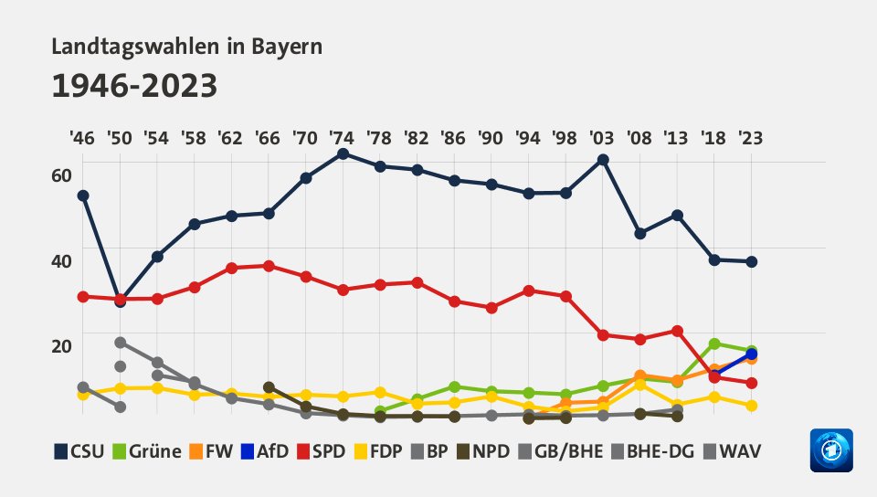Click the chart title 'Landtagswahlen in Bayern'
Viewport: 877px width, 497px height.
tap(187, 47)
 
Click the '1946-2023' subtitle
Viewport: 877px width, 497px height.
tap(134, 86)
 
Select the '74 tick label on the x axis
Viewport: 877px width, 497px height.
tap(343, 138)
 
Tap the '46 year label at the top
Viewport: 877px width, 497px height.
tap(82, 138)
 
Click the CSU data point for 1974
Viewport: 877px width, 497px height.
tap(343, 153)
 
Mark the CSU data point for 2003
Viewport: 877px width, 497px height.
tap(604, 160)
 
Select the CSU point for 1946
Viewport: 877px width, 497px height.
tap(83, 196)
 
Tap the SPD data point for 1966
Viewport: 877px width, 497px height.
tap(269, 266)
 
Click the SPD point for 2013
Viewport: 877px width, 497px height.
tap(677, 331)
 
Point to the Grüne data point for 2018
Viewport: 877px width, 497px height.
tap(714, 344)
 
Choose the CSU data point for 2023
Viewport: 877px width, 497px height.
tap(751, 262)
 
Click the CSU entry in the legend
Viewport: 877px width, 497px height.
tap(79, 451)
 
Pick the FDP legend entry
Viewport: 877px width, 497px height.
tap(399, 451)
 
